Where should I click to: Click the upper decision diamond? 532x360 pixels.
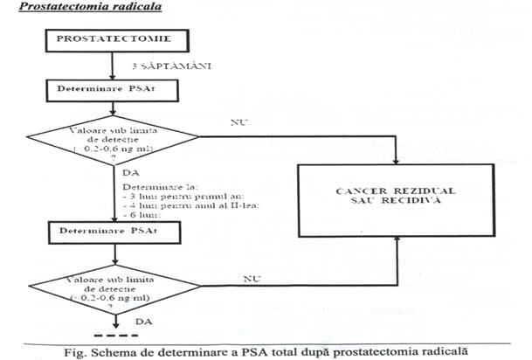point(114,137)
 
